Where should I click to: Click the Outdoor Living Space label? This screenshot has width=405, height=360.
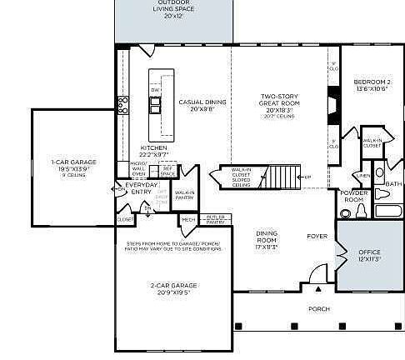coord(174,9)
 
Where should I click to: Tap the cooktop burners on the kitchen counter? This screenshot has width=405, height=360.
coord(122,104)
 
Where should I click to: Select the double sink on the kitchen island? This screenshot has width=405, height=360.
coord(155,105)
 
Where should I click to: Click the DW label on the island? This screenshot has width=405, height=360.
coord(155,89)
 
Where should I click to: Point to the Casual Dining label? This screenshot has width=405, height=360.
coord(197,105)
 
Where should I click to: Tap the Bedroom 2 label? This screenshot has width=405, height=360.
coord(371,85)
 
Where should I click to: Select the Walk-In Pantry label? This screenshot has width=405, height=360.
coord(185,196)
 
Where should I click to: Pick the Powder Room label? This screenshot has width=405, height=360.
coord(354,197)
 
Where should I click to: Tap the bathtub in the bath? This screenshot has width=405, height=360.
coord(387,210)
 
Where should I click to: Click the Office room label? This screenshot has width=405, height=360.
coord(369,255)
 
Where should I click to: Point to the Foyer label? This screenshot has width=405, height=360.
coord(317,237)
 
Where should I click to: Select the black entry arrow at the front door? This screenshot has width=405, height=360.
coord(317,290)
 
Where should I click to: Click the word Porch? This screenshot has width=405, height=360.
coord(318,309)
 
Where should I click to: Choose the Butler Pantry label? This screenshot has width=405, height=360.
coord(215,219)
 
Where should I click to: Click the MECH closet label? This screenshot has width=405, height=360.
coord(187,220)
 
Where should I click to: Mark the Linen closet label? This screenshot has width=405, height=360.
coord(363,176)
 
